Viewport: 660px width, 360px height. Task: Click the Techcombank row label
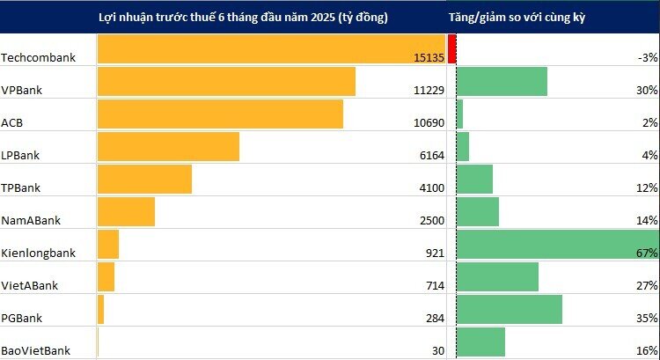[x=39, y=57]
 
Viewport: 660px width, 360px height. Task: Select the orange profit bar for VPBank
[x=226, y=81]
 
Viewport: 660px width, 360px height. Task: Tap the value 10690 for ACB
[x=428, y=122]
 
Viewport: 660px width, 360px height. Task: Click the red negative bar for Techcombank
[x=451, y=48]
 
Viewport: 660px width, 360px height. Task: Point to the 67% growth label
[x=648, y=253]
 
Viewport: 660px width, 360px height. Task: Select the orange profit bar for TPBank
[x=144, y=179]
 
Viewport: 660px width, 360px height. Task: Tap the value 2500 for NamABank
[x=430, y=220]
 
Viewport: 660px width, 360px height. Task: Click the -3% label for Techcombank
[x=648, y=57]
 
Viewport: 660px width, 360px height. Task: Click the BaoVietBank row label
[x=36, y=350]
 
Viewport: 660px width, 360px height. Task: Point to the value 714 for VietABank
[x=434, y=285]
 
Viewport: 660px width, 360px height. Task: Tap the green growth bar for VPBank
[x=502, y=81]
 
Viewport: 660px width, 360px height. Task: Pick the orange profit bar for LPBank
[x=168, y=146]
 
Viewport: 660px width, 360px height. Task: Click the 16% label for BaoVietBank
[x=648, y=350]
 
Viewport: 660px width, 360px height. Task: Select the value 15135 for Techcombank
[x=428, y=57]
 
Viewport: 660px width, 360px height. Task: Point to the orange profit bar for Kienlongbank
[x=108, y=244]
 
